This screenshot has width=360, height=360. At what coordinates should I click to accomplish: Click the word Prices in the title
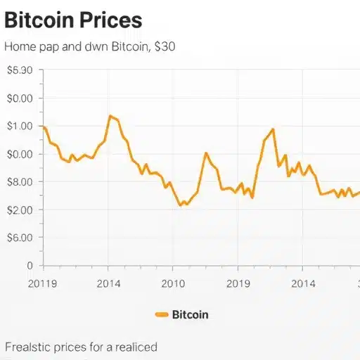pyautogui.click(x=110, y=20)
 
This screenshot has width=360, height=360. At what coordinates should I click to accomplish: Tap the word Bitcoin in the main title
pyautogui.click(x=39, y=20)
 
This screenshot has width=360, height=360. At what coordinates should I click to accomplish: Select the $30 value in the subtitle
pyautogui.click(x=165, y=46)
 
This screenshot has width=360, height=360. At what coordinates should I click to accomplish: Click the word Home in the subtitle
pyautogui.click(x=20, y=46)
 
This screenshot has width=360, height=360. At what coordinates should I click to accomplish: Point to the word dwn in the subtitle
pyautogui.click(x=96, y=46)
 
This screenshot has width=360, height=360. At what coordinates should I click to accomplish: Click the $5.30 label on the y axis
pyautogui.click(x=20, y=70)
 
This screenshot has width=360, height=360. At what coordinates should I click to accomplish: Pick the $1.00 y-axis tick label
pyautogui.click(x=20, y=127)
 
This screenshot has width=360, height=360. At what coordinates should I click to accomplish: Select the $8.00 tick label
pyautogui.click(x=20, y=182)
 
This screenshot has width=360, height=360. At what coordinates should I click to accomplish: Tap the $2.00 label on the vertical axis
pyautogui.click(x=20, y=210)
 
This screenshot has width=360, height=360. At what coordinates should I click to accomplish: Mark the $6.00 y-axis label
pyautogui.click(x=20, y=238)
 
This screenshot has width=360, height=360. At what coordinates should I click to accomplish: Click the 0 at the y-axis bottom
pyautogui.click(x=30, y=266)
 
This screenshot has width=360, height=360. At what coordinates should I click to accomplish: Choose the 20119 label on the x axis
pyautogui.click(x=42, y=284)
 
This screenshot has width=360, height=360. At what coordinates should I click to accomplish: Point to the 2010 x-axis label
pyautogui.click(x=173, y=284)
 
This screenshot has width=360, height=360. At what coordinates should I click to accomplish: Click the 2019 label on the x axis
pyautogui.click(x=238, y=284)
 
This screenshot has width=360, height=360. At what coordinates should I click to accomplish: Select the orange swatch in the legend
pyautogui.click(x=162, y=314)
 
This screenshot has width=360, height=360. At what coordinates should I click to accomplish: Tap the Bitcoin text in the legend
pyautogui.click(x=191, y=314)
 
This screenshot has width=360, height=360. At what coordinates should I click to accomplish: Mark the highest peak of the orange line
pyautogui.click(x=110, y=115)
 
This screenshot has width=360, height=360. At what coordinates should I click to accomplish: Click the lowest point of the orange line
pyautogui.click(x=180, y=205)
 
